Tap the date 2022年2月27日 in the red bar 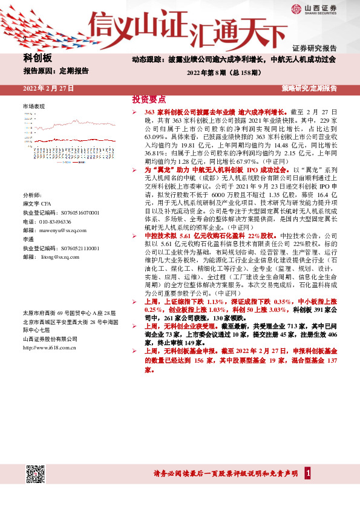(48, 89)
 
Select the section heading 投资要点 (149, 99)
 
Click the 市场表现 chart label (34, 106)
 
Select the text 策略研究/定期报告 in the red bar (309, 89)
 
